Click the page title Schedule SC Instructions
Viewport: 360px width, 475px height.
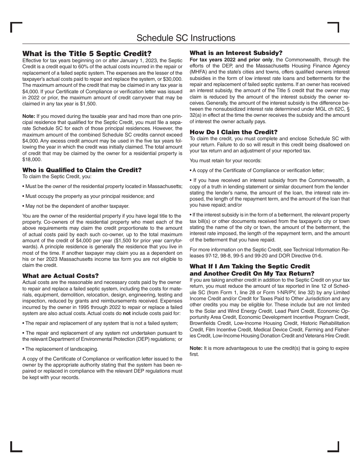pos(186,38)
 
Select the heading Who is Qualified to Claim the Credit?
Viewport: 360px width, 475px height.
pos(82,170)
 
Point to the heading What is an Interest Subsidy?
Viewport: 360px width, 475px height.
pos(236,53)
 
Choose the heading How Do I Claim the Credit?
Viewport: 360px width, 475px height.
pos(233,132)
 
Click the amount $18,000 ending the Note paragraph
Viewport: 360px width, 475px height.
pos(32,160)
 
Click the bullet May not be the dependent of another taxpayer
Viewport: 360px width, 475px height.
pos(76,206)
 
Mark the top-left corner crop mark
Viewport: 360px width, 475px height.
pos(16,27)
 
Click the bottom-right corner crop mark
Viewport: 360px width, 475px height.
pos(333,447)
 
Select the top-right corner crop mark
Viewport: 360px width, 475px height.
pos(333,27)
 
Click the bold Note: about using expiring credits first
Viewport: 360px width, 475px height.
pos(196,348)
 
